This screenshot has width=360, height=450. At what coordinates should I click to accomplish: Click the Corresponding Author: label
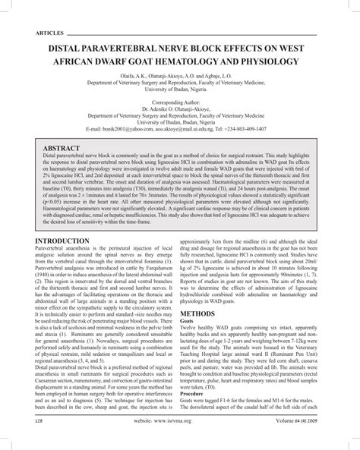[180, 99]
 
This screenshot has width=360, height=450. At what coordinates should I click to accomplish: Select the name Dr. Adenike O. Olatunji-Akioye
[180, 106]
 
